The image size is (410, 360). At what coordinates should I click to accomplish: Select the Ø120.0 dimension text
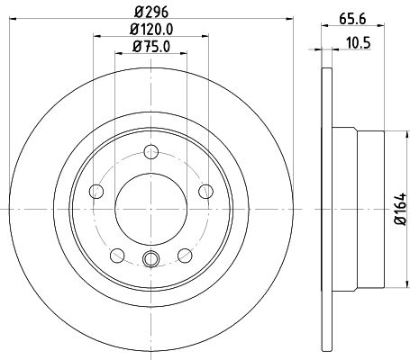151,31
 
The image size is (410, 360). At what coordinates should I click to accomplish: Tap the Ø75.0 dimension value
150,48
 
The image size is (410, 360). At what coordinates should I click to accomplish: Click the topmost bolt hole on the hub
150,148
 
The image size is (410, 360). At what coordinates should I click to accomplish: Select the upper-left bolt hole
96,189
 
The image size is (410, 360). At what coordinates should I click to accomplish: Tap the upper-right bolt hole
205,189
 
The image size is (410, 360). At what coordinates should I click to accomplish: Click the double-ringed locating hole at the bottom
150,261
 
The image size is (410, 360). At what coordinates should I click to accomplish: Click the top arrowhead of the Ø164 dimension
390,131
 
